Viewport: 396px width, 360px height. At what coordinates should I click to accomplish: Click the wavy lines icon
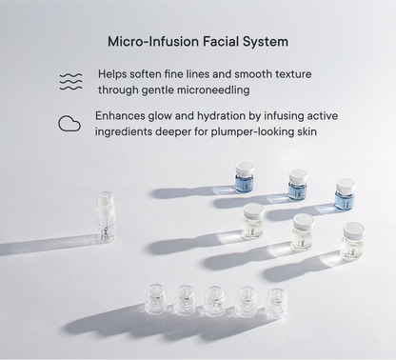click(69, 81)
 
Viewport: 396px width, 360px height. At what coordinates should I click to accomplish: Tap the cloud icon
click(69, 123)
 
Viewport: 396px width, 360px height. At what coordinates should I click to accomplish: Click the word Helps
click(115, 73)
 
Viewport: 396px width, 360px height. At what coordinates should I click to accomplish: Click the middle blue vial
click(297, 180)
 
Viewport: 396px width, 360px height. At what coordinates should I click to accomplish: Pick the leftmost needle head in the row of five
click(154, 297)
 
